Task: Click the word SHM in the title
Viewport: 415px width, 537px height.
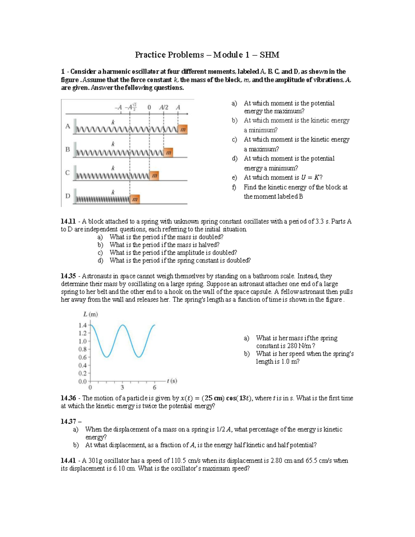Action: [270, 55]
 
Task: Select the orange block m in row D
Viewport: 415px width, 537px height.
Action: [135, 199]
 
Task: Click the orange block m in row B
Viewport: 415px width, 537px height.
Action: [168, 152]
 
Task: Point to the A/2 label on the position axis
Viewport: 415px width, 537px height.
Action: [164, 107]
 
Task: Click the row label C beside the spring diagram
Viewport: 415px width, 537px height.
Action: [67, 173]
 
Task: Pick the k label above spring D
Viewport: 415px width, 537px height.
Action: [113, 192]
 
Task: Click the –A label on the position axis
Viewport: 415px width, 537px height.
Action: [118, 108]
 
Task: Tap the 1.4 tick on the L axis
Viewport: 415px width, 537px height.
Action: [82, 325]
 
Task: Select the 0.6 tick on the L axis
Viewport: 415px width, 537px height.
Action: [82, 357]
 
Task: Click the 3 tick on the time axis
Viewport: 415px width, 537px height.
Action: [122, 387]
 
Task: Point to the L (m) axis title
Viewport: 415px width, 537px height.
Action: [91, 314]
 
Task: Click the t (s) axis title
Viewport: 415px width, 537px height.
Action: [172, 381]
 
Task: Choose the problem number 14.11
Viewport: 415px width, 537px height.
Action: [68, 221]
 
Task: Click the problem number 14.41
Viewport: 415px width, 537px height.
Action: [68, 461]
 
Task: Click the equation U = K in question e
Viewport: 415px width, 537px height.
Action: [310, 177]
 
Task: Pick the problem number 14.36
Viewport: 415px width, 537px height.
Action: [68, 398]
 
